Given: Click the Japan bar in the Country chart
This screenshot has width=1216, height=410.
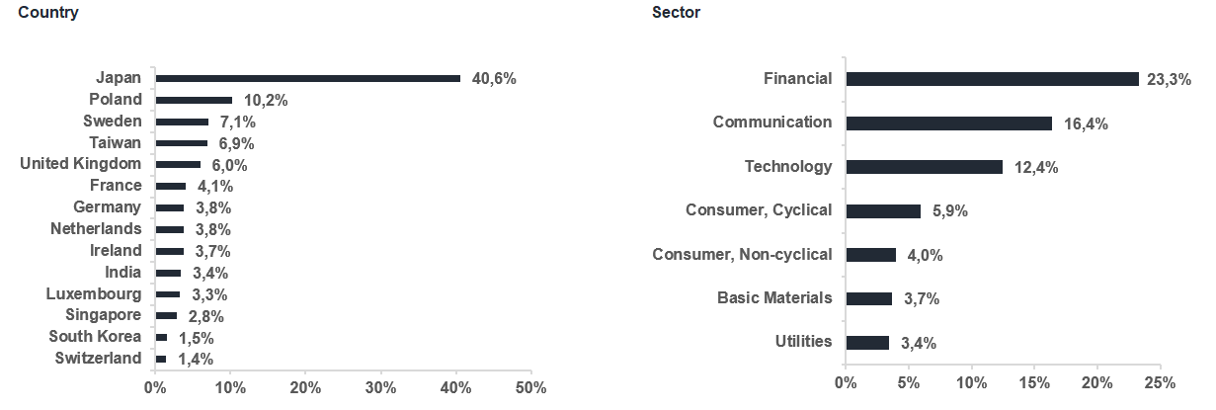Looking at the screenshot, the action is coord(308,79).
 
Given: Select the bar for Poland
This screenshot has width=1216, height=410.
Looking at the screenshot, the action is coord(194,100).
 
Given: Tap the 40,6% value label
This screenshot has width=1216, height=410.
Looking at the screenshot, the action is coord(494,79).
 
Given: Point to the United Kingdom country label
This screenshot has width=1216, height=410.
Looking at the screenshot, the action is coord(80,164).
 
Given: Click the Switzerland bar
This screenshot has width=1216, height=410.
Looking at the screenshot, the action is coord(161,359).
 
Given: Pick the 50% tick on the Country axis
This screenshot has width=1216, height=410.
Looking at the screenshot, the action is coord(530,387).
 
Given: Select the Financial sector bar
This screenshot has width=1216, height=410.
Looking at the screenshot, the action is coord(993,79).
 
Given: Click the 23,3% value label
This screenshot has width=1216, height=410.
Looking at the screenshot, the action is coord(1169,80).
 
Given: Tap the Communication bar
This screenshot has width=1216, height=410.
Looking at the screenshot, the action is coord(949,123).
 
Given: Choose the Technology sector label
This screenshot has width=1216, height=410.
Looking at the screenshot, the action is coord(788,166).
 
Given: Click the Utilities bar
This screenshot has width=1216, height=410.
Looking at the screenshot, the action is coord(867,343).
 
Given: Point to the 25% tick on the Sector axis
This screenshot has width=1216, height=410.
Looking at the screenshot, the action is coord(1160,383).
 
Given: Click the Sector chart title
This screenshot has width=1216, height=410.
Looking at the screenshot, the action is coord(676,12).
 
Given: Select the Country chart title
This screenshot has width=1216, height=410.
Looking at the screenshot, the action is coord(48,12).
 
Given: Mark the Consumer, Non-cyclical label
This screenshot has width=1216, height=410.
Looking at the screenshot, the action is coord(742,254).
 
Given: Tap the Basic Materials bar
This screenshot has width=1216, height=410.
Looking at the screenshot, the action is coord(869,298).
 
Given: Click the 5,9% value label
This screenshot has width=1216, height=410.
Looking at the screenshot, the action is coord(950,211).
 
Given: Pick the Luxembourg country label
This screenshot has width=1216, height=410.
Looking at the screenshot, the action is coord(94,294).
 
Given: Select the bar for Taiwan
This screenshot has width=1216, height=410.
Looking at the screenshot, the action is coord(182,143).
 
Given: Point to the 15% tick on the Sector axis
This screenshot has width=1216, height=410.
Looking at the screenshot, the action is coord(1034,383).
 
